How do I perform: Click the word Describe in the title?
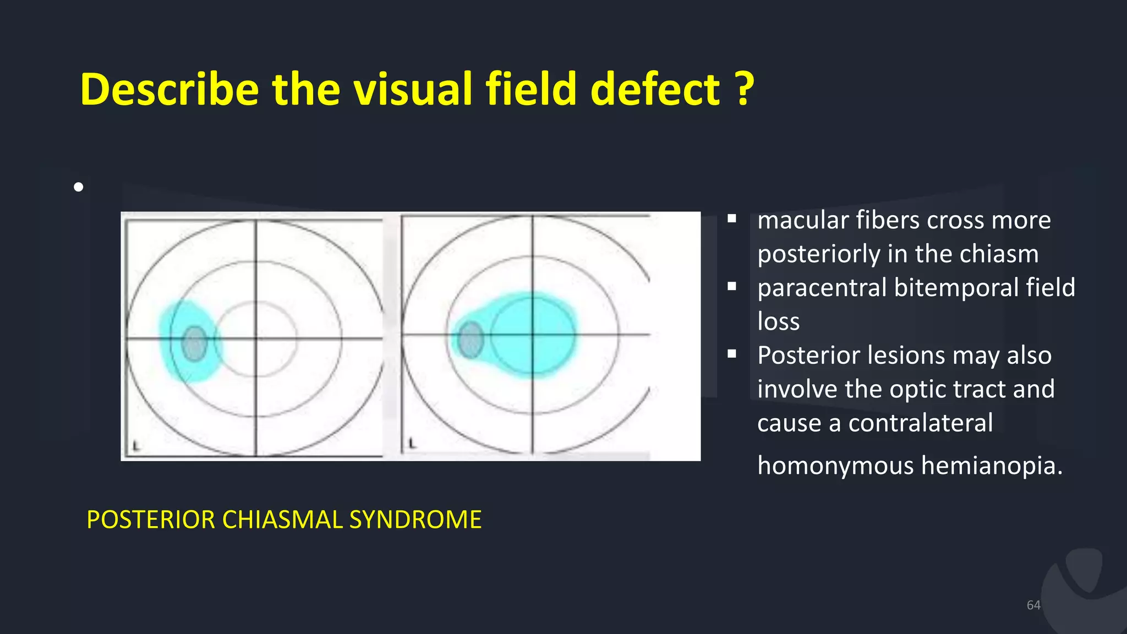(169, 89)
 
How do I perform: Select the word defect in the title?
(655, 89)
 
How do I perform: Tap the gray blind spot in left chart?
(194, 343)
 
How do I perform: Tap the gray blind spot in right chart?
(471, 340)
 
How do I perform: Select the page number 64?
(1033, 605)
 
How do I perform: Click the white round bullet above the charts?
(78, 187)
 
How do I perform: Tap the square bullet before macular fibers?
(731, 218)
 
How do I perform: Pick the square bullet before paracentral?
(731, 286)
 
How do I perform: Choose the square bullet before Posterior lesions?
(731, 354)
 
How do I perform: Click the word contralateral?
(920, 423)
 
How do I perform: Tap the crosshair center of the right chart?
(532, 334)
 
